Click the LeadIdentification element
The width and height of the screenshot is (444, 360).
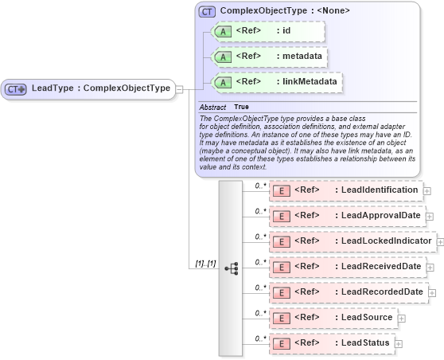(x=347, y=190)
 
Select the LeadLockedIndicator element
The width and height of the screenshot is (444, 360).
(x=353, y=241)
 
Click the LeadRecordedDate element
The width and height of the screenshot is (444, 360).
(x=349, y=292)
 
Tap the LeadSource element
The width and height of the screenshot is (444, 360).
(x=334, y=318)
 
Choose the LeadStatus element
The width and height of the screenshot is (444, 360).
(x=333, y=343)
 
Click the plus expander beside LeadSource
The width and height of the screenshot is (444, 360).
(x=401, y=319)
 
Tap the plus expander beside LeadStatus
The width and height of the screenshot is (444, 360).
(x=399, y=344)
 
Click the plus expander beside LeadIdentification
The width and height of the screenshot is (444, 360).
(x=427, y=191)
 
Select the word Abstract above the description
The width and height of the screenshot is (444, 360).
(x=212, y=107)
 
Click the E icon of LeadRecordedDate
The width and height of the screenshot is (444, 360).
(x=281, y=293)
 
